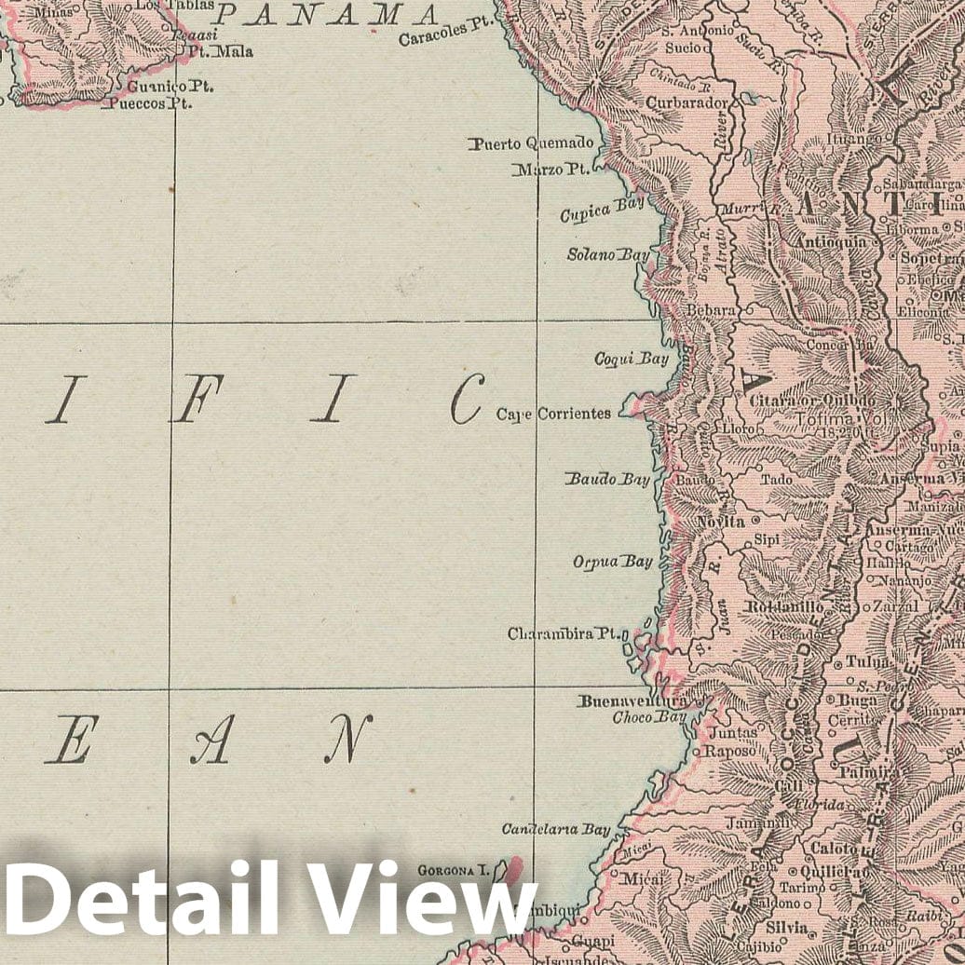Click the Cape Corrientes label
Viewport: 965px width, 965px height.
point(553,414)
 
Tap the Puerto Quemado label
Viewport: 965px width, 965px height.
point(531,143)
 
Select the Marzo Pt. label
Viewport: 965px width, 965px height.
point(550,170)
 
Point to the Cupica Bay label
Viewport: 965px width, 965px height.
point(597,213)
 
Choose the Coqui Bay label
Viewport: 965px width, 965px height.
point(632,359)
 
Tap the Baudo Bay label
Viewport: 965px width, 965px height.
point(607,480)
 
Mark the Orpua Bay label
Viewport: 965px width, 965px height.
point(612,562)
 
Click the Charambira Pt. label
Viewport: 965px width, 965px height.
point(564,633)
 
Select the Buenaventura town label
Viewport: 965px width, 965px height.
point(632,701)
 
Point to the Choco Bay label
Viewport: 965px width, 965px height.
point(648,718)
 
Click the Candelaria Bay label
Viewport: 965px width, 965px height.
point(556,828)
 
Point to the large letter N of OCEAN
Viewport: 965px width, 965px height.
point(348,739)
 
